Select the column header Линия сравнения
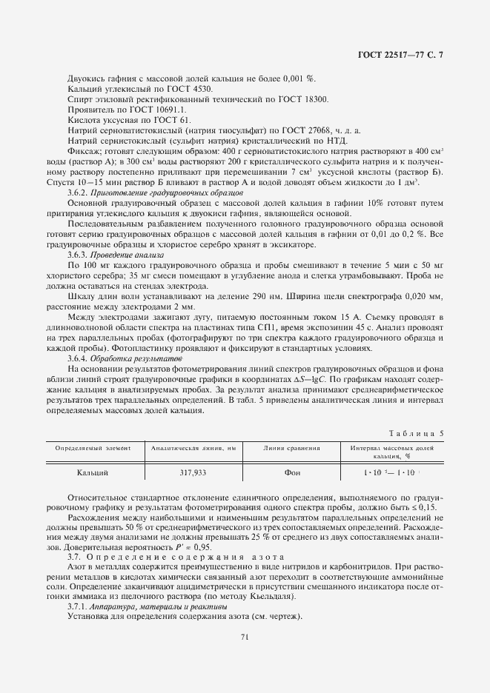(x=291, y=448)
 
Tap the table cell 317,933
(x=193, y=472)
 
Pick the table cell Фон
(x=291, y=472)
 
